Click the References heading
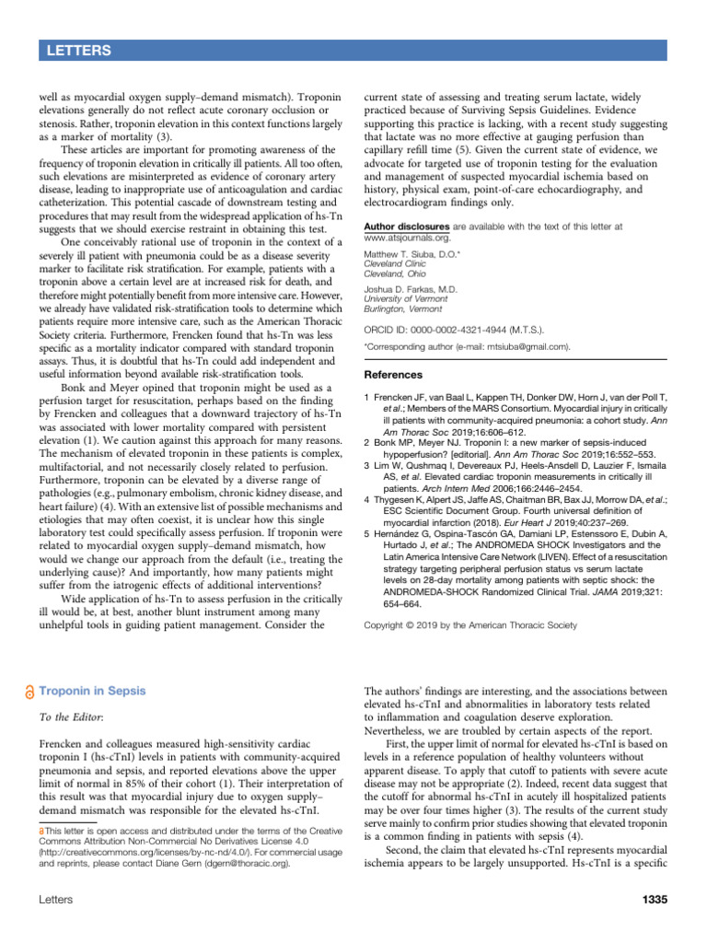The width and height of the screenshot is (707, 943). tap(394, 375)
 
